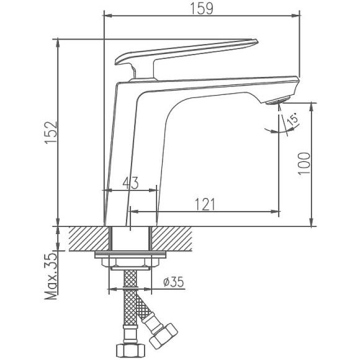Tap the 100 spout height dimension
tap(303, 163)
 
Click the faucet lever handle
tap(186, 51)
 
